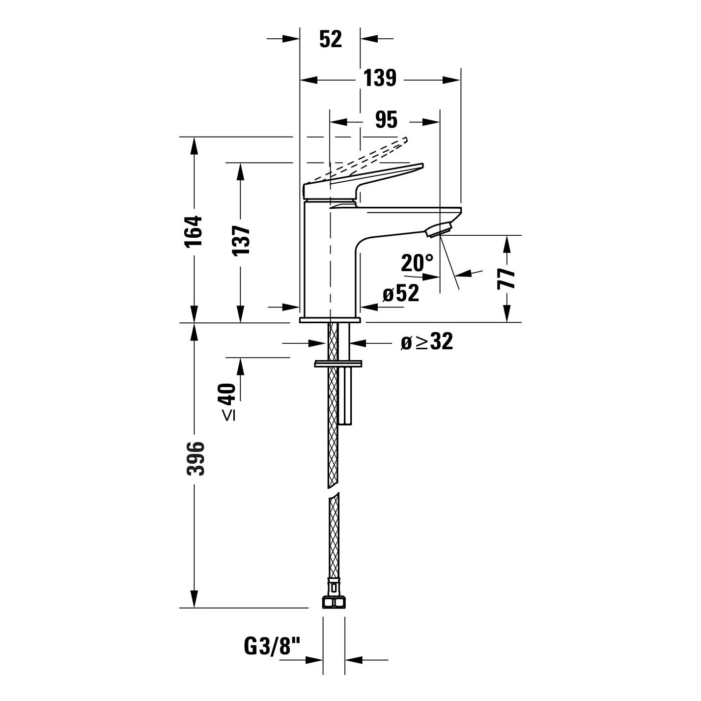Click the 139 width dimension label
[380, 79]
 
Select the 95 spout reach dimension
[386, 120]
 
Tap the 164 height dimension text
[195, 231]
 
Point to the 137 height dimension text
[241, 241]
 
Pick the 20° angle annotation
[417, 263]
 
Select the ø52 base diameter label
[401, 294]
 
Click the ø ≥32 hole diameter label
[426, 342]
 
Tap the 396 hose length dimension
[196, 458]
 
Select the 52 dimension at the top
[330, 39]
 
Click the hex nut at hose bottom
[334, 602]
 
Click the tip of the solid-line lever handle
[420, 166]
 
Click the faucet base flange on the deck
[330, 320]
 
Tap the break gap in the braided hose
[334, 493]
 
